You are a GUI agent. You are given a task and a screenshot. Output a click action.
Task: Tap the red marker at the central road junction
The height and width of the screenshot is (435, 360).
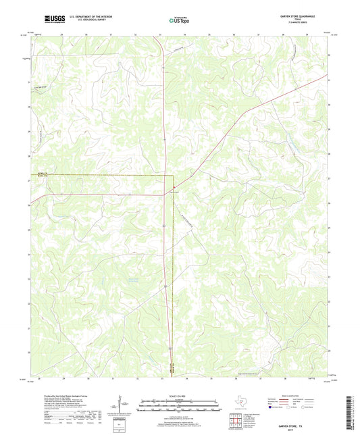(174, 188)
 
